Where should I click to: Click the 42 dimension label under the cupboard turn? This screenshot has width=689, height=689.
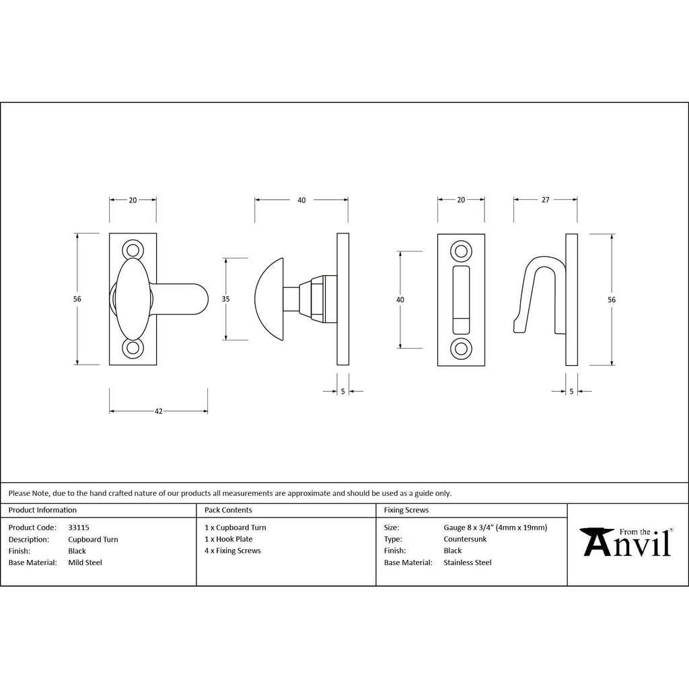coord(159,411)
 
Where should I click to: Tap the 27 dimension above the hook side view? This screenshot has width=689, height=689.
coord(545,200)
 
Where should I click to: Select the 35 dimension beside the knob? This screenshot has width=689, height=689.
coord(225,299)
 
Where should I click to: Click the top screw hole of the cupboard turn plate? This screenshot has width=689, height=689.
coord(133,250)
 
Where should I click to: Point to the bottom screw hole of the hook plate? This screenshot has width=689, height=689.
coord(461,349)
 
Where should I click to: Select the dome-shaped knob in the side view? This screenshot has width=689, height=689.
coord(269,299)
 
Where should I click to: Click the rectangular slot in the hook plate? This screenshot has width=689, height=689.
coord(461,299)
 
